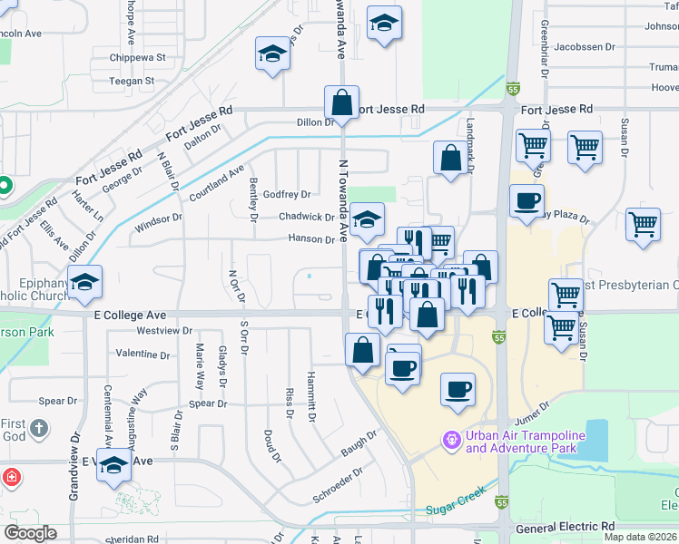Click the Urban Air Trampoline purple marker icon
click(451, 441)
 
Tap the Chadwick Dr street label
click(306, 218)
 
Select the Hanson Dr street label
click(311, 239)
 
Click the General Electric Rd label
click(565, 527)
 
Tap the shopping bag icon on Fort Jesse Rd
click(341, 102)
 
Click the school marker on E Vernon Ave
click(113, 466)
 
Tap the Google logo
click(31, 532)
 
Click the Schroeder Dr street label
click(338, 485)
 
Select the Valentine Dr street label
click(143, 354)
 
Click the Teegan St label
click(132, 81)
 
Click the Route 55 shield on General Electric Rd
click(501, 501)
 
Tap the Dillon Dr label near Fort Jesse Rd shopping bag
click(315, 122)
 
